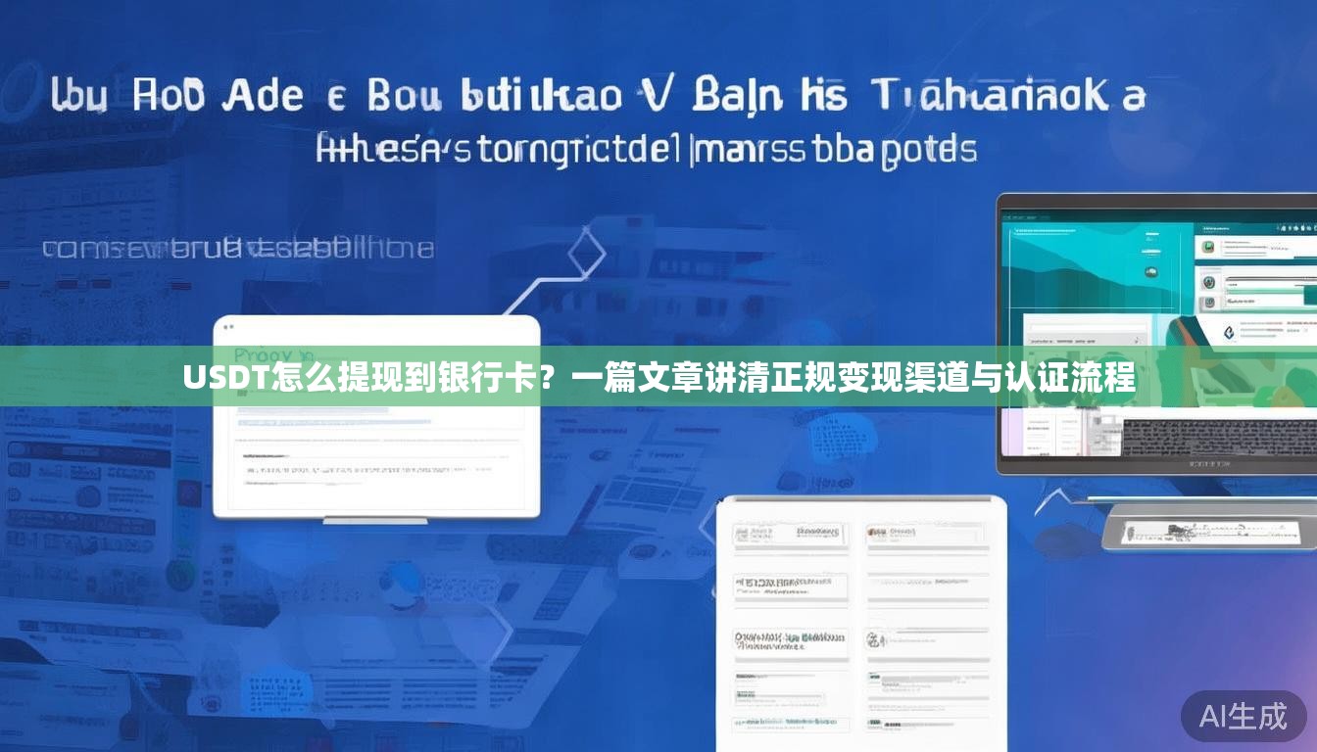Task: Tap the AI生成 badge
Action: tap(1244, 717)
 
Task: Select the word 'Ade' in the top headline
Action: tap(265, 97)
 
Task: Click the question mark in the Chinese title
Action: tap(554, 376)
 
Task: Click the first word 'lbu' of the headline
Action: tap(78, 97)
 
